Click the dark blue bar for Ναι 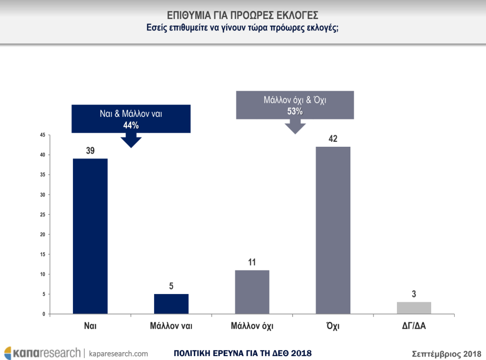(90, 236)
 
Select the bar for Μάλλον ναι (171, 304)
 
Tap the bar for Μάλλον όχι (252, 292)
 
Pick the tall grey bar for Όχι (333, 230)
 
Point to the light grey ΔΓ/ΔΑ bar (414, 308)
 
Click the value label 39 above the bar (90, 151)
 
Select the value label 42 (333, 139)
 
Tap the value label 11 (252, 263)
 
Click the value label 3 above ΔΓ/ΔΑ (414, 294)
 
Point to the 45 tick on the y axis (43, 135)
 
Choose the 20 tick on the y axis (43, 234)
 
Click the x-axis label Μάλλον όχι (252, 325)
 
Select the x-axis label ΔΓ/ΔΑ (414, 325)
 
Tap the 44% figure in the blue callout (131, 125)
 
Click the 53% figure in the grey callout (295, 112)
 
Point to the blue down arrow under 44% (131, 140)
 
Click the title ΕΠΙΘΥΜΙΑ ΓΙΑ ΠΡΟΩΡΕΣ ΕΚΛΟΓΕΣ (243, 15)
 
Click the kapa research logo (42, 353)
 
